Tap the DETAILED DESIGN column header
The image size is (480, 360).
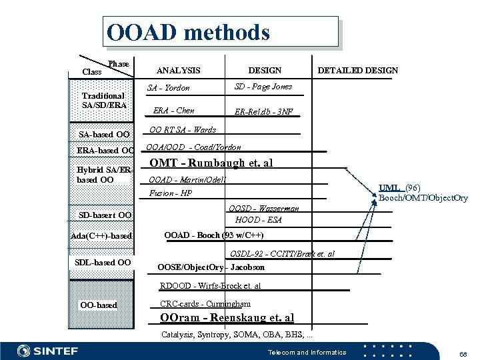click(x=358, y=70)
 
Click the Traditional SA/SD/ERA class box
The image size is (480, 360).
click(x=103, y=100)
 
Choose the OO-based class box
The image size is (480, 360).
click(x=98, y=305)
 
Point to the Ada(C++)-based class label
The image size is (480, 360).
click(x=102, y=237)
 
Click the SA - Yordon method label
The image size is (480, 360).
click(x=169, y=88)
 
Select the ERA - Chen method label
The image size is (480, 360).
click(x=174, y=110)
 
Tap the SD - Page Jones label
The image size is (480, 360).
click(x=263, y=87)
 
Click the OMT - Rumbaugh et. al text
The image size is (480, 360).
click(x=211, y=163)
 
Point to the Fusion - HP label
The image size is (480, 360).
click(x=171, y=193)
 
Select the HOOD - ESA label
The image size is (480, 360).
click(x=259, y=219)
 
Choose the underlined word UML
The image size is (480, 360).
click(x=389, y=188)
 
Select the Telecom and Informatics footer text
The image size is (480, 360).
click(x=307, y=351)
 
